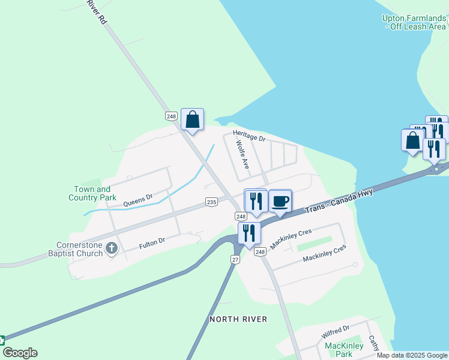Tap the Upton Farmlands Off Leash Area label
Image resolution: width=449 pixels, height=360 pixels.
click(414, 22)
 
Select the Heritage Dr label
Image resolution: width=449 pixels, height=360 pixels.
click(249, 137)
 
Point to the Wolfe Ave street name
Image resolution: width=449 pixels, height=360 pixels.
click(243, 154)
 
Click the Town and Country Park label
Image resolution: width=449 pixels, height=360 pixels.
click(92, 193)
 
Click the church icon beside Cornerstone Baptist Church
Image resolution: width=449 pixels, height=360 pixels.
click(112, 248)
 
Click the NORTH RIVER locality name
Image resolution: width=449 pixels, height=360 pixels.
click(238, 319)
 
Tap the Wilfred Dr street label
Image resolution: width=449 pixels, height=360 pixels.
click(335, 332)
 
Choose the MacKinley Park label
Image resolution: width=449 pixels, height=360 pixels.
click(344, 350)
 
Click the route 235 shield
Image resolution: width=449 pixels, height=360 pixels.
click(211, 202)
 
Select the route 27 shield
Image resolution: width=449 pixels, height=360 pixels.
click(235, 259)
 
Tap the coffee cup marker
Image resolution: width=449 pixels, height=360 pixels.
click(280, 201)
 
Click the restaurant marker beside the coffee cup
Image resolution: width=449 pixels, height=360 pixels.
click(256, 200)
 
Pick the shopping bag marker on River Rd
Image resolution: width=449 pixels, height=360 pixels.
click(192, 119)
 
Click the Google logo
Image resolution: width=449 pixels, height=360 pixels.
click(20, 353)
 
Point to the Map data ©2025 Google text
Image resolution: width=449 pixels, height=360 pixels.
click(412, 355)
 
